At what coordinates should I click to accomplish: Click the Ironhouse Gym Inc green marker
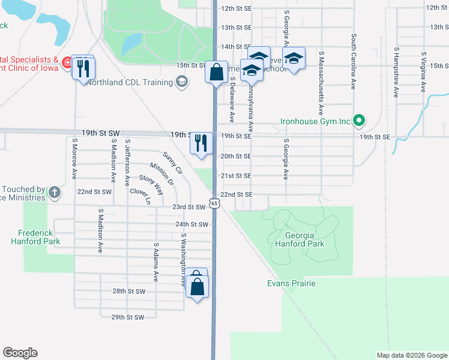pos(358,121)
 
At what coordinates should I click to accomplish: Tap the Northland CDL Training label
pos(128,82)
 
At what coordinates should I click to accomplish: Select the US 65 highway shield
pos(214,204)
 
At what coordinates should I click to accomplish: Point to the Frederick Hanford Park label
pos(35,236)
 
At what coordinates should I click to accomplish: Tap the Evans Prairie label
pos(291,283)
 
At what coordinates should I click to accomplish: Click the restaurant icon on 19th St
pos(201,143)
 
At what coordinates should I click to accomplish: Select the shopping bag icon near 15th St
pos(216,72)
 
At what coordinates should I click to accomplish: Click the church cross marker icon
pos(55,193)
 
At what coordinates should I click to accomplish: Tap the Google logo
pos(20,353)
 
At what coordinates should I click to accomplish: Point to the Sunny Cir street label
pos(172,163)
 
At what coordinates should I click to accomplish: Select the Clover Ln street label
pos(140,196)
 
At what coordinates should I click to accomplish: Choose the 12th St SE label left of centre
pos(236,9)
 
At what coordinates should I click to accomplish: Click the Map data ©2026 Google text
pos(411,355)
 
